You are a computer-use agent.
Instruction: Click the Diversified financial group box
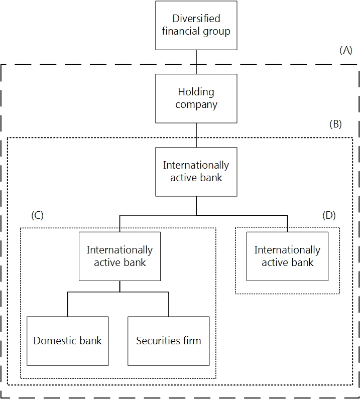coord(196,25)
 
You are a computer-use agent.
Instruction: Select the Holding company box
coord(196,98)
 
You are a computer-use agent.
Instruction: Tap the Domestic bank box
coord(67,341)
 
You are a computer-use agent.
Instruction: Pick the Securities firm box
coord(168,341)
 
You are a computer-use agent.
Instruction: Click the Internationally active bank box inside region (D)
coord(287,256)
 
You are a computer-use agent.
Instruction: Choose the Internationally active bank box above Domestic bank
coord(119,256)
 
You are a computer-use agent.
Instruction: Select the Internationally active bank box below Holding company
coord(196,171)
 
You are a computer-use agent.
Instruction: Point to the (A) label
coord(346,50)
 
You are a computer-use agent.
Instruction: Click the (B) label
coord(335,124)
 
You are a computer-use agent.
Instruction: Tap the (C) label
coord(37,215)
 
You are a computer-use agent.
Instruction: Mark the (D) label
coord(329,215)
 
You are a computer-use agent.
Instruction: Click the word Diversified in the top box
coord(196,19)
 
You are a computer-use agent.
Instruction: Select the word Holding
coord(196,92)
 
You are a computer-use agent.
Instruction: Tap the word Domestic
coord(53,341)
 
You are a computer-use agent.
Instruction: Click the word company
coord(196,105)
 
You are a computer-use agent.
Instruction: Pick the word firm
coord(191,341)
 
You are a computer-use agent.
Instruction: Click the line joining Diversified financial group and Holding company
coord(196,62)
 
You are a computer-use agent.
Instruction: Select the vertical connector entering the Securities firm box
coord(169,304)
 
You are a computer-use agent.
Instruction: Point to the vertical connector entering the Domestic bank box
coord(68,304)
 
